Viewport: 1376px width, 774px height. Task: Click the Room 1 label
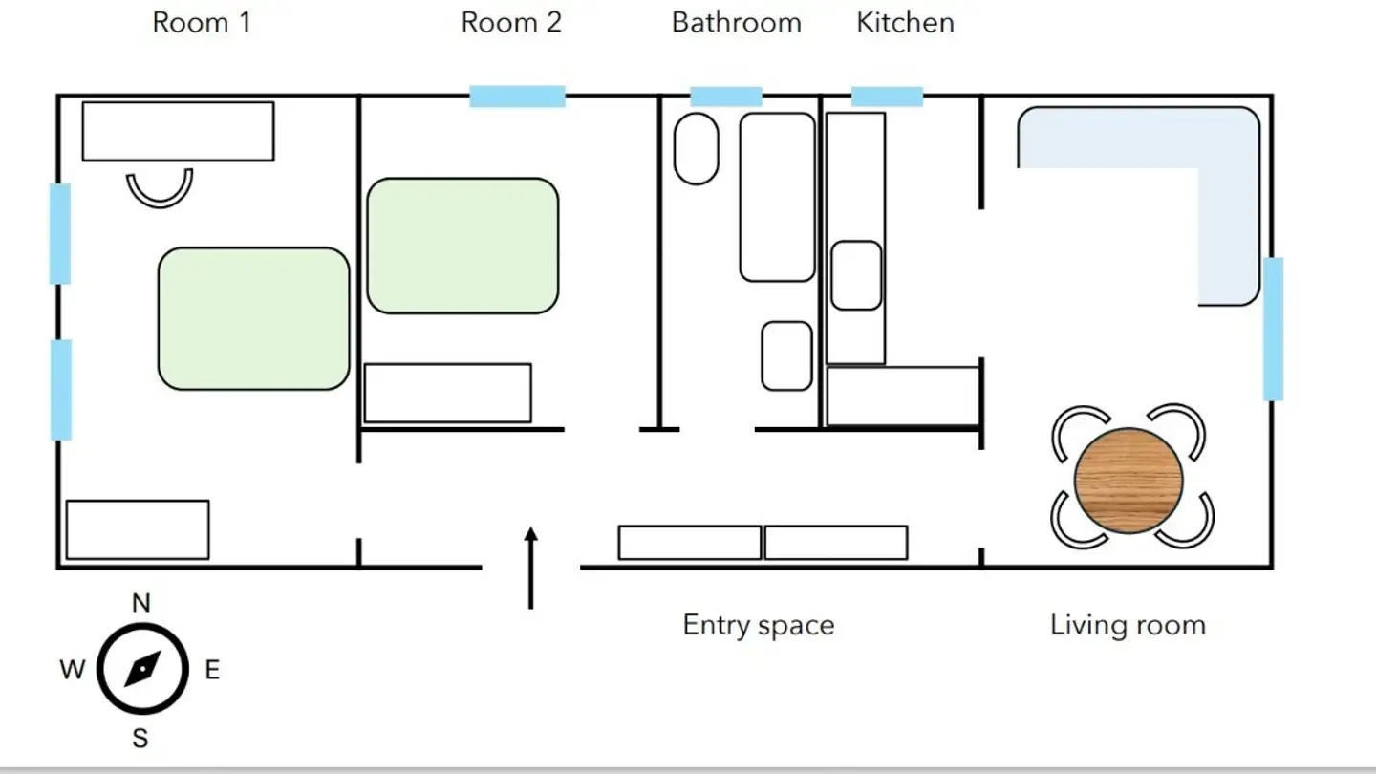(x=202, y=23)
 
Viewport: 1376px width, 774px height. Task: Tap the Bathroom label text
(x=736, y=23)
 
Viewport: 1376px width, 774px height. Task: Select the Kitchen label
(x=905, y=23)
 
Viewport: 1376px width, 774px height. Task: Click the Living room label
(x=1128, y=625)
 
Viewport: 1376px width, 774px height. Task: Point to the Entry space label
(x=759, y=625)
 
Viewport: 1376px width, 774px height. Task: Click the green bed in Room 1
(x=253, y=318)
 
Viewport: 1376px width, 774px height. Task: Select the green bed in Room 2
(x=462, y=246)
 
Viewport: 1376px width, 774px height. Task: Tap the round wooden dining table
(x=1129, y=481)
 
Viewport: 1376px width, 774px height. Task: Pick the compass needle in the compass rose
(x=141, y=669)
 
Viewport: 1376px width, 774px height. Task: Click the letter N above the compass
(x=141, y=603)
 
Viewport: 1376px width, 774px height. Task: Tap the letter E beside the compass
(x=212, y=670)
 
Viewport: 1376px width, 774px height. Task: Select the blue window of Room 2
(x=517, y=97)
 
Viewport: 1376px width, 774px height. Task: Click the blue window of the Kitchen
(x=887, y=97)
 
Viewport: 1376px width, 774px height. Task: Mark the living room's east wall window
(x=1273, y=329)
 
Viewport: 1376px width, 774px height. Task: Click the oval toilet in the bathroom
(x=696, y=149)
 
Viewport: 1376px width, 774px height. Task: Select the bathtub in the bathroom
(x=777, y=197)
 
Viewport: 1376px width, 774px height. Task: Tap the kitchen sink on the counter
(x=856, y=275)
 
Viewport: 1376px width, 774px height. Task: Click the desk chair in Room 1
(x=160, y=188)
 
